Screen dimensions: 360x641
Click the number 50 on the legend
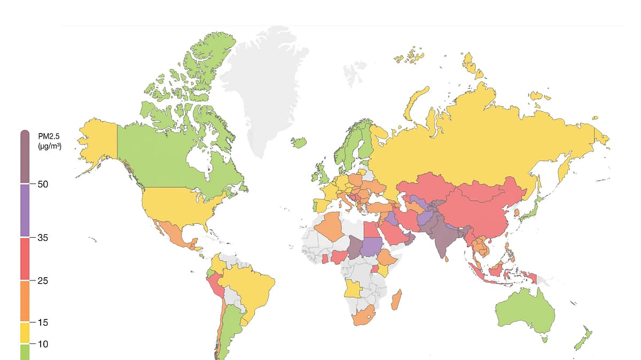click(43, 184)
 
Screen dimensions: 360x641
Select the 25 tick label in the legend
click(43, 280)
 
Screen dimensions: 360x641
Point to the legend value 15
click(43, 323)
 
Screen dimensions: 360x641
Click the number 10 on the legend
click(43, 344)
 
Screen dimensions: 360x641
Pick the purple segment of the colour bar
click(25, 210)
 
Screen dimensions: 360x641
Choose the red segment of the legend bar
click(25, 259)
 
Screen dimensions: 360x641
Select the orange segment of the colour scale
click(25, 301)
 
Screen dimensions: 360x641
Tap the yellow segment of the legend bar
click(25, 333)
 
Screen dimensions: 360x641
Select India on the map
click(441, 240)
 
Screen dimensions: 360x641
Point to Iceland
click(300, 142)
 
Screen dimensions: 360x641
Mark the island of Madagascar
click(396, 300)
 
